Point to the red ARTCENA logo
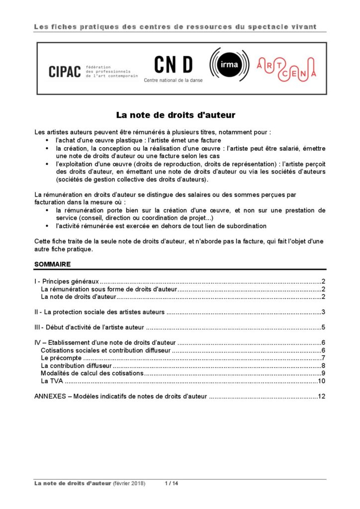coord(286,69)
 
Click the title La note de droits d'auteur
coord(176,115)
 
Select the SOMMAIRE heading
coord(52,264)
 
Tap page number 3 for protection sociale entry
coord(323,312)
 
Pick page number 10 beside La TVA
coord(321,381)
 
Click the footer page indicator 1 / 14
coord(171,484)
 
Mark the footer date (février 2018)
coord(129,484)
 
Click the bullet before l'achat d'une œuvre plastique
coord(47,141)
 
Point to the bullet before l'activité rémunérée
coord(47,226)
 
